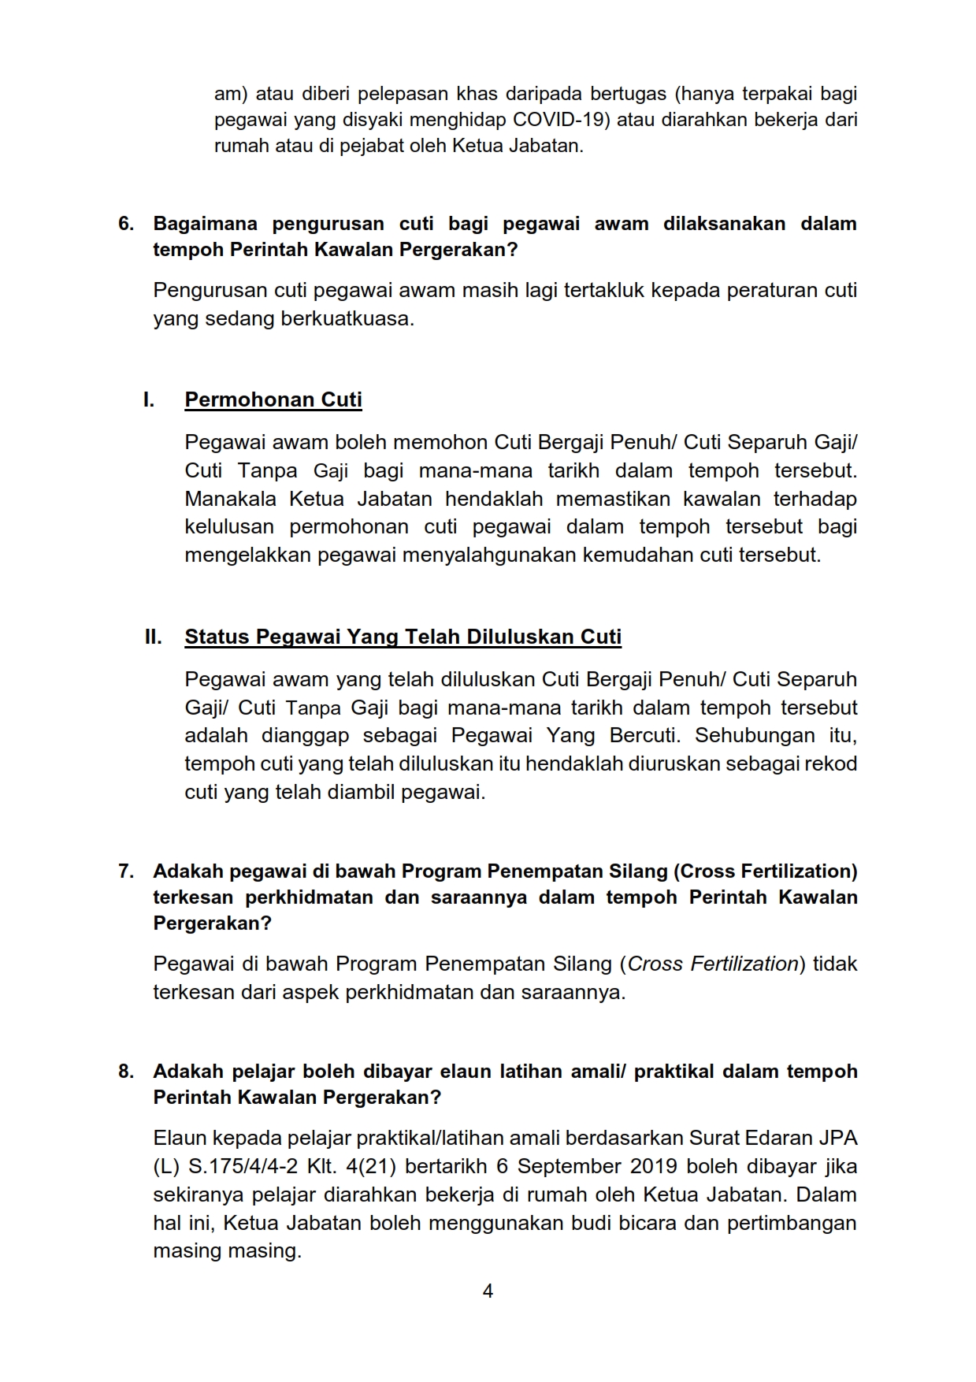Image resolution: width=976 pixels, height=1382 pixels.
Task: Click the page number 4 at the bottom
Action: [x=488, y=1291]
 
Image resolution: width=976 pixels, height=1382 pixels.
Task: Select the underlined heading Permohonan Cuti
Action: [x=273, y=399]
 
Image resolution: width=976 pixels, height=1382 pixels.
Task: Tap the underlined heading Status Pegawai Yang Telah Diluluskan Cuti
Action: [x=403, y=637]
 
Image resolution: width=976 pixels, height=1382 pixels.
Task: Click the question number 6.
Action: [x=126, y=224]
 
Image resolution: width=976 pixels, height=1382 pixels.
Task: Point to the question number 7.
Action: [x=126, y=871]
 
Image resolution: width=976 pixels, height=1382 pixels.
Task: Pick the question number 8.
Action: [x=126, y=1072]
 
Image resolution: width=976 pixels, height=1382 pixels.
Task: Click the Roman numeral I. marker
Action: [x=149, y=399]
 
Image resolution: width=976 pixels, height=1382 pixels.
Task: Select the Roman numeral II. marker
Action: [x=153, y=637]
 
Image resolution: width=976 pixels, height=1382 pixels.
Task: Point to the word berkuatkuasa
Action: [x=347, y=319]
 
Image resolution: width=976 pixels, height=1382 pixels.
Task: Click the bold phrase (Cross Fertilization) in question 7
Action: [x=765, y=871]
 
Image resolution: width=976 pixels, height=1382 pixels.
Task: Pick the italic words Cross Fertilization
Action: [x=713, y=964]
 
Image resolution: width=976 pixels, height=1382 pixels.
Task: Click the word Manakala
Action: [x=231, y=499]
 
